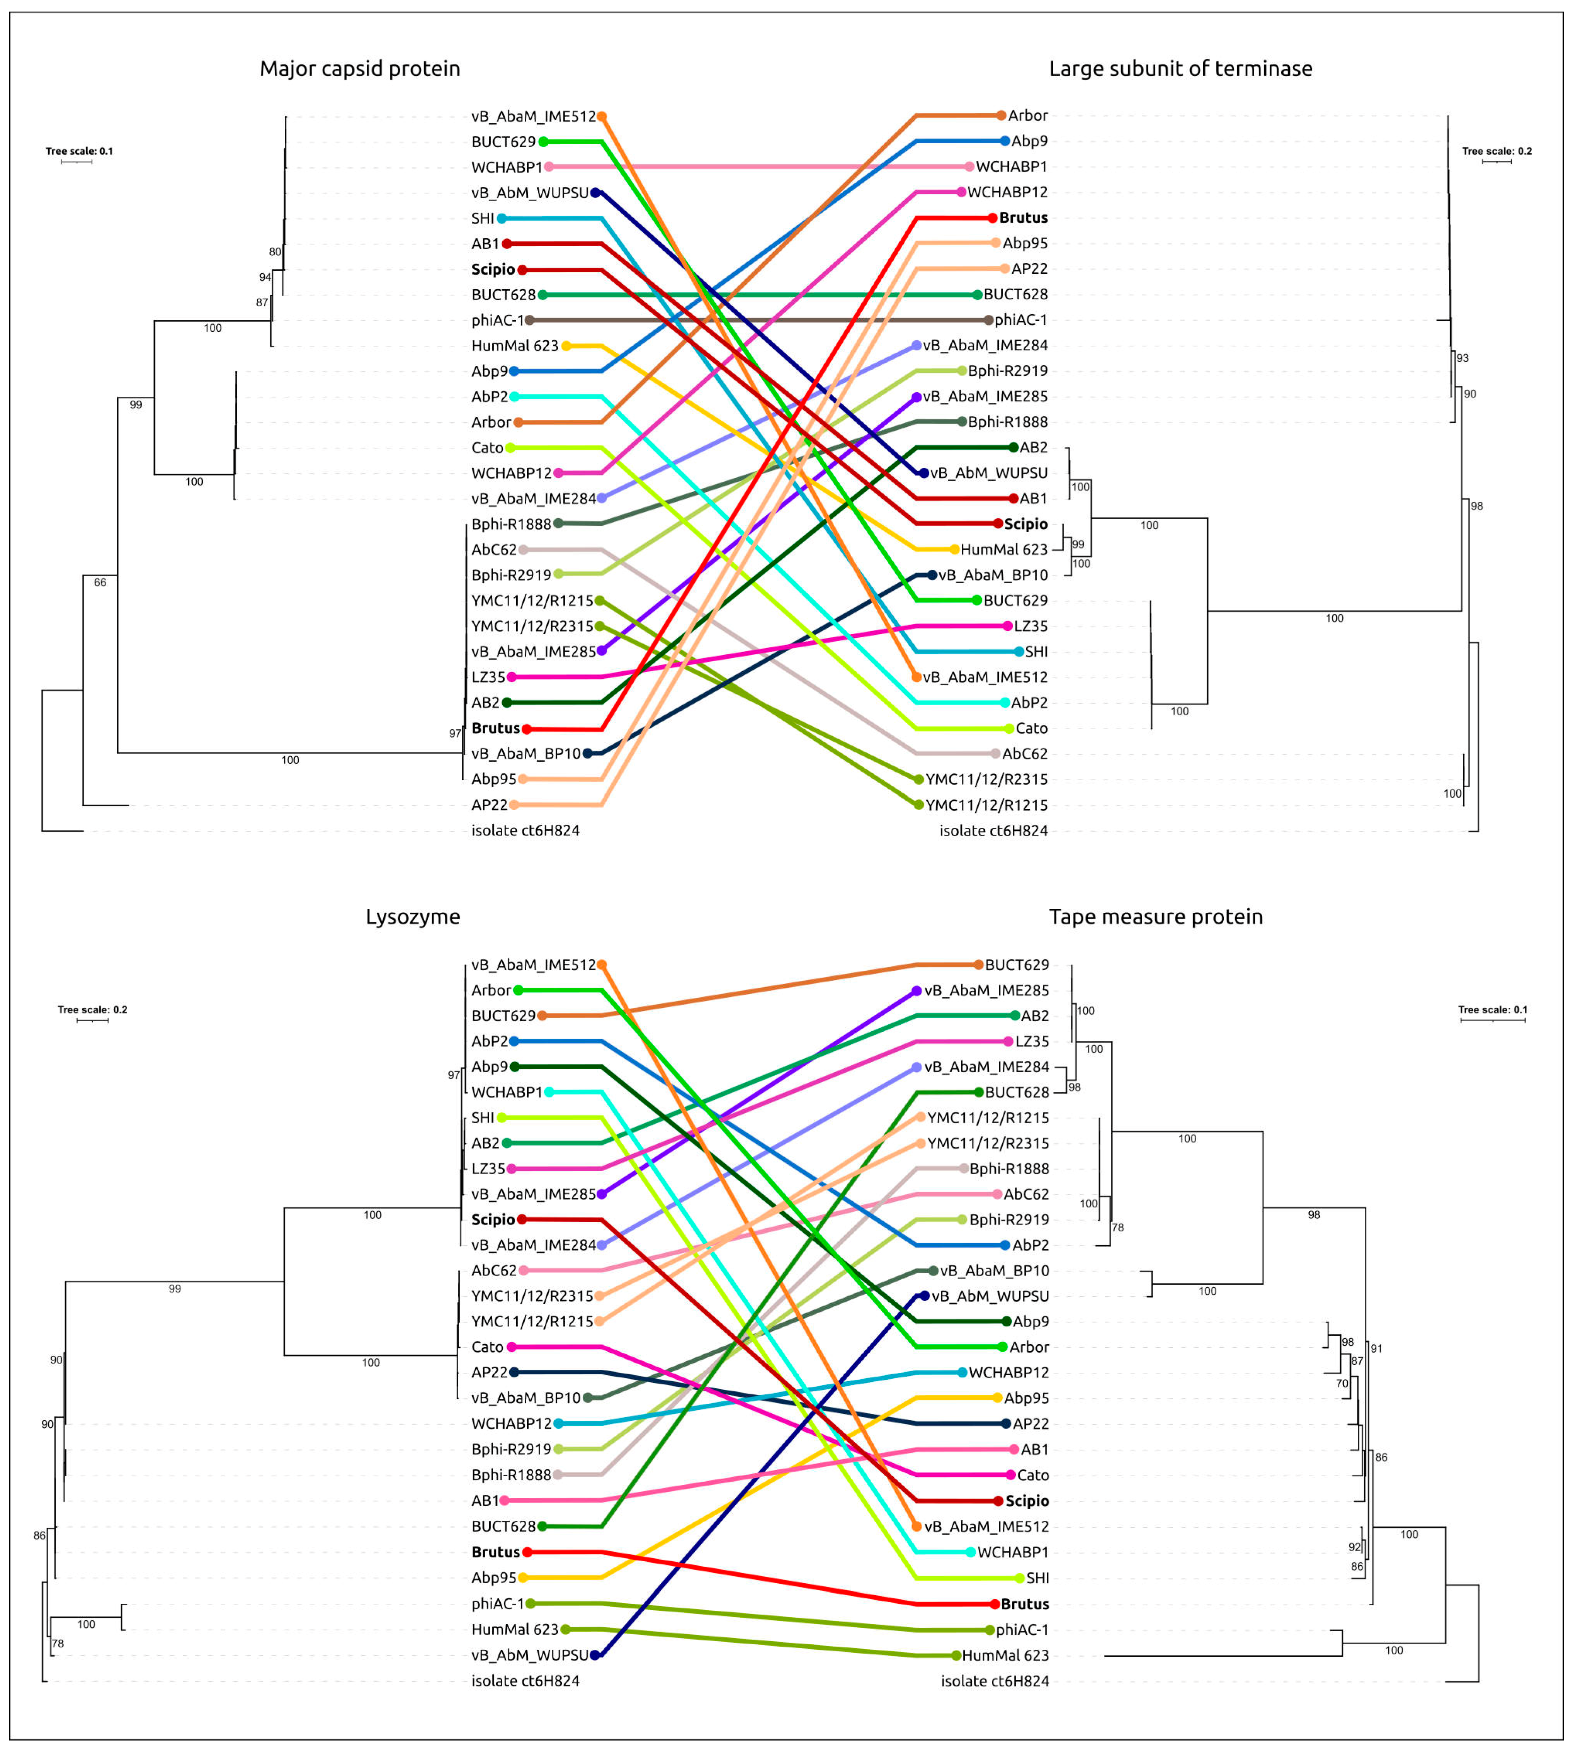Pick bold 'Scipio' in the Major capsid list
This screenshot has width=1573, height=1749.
[493, 270]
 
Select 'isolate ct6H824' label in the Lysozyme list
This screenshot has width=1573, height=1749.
[525, 1681]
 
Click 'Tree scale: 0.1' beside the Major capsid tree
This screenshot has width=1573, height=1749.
[80, 151]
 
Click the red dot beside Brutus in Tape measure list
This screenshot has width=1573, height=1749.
[995, 1604]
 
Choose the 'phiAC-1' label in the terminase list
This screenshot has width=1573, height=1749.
[1021, 320]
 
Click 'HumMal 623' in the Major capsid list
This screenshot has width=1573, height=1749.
[515, 346]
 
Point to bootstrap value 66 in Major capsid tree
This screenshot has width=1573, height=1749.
[100, 582]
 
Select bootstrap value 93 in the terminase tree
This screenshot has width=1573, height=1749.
[1462, 358]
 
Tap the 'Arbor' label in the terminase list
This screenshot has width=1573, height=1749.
[1028, 116]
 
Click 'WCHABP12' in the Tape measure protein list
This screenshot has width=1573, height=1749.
[1008, 1372]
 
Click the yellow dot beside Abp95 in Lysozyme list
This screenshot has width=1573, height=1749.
[523, 1578]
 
